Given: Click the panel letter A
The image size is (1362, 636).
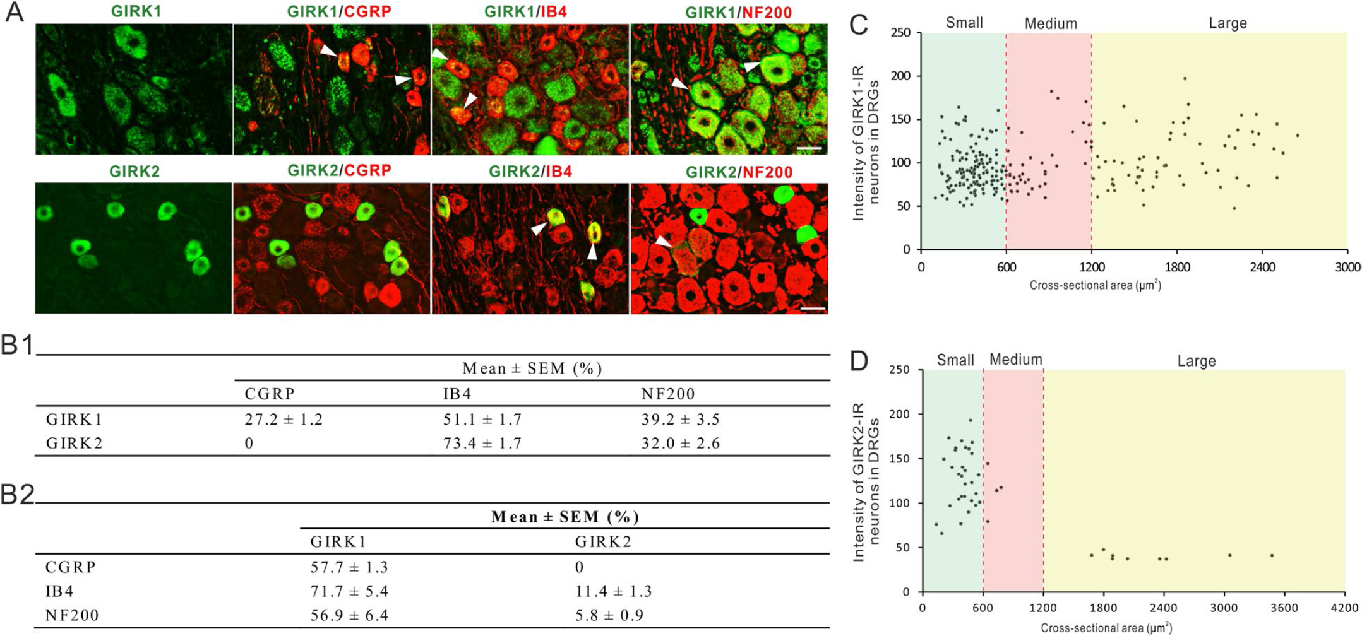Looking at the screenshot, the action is (x=14, y=12).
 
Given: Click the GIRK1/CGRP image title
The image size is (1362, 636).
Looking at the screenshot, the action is (x=339, y=11).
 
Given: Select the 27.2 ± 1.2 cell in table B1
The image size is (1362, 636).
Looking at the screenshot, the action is (x=284, y=420).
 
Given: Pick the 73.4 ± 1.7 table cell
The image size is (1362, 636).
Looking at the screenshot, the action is (x=482, y=444).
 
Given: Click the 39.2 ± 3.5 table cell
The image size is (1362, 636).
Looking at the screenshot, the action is (x=681, y=420).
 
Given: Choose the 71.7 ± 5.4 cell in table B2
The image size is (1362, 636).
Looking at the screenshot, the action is (x=349, y=591).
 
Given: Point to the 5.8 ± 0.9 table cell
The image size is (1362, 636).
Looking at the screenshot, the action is (x=609, y=615).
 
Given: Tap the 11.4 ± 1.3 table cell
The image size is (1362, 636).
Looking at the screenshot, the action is (x=613, y=591).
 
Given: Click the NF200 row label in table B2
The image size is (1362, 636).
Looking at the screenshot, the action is (x=72, y=615).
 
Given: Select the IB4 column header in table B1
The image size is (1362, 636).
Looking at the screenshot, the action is (x=457, y=394).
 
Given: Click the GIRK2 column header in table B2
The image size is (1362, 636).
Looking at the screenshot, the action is (x=603, y=542).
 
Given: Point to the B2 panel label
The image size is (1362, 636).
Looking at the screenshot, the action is (x=18, y=494).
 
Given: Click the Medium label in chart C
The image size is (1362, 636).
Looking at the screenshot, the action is (x=1051, y=24).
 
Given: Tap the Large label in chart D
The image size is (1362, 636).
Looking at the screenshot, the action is (x=1197, y=361).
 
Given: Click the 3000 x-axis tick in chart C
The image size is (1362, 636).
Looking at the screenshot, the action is (x=1347, y=267).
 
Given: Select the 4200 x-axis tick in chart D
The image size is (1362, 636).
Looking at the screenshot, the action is (x=1344, y=608).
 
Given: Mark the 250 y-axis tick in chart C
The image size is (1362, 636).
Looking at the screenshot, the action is (x=901, y=33).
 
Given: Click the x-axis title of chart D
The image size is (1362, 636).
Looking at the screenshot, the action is (x=1106, y=628).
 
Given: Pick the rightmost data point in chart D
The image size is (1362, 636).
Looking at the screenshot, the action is (x=1272, y=555).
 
